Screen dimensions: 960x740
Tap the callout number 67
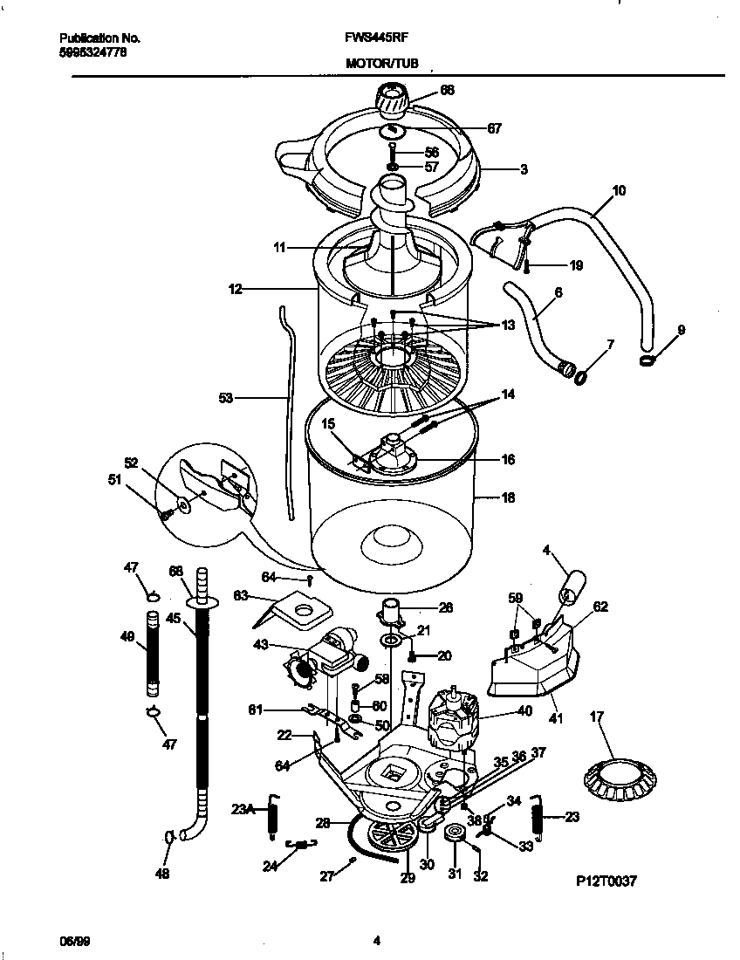[494, 128]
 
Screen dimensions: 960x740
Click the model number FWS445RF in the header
[377, 39]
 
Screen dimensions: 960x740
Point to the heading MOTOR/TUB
[381, 64]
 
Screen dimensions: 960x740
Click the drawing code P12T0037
[606, 881]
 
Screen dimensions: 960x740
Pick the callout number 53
[226, 397]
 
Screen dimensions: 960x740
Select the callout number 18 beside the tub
[507, 498]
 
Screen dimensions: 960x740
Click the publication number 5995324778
[92, 52]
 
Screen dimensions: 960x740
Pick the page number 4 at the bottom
[376, 941]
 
